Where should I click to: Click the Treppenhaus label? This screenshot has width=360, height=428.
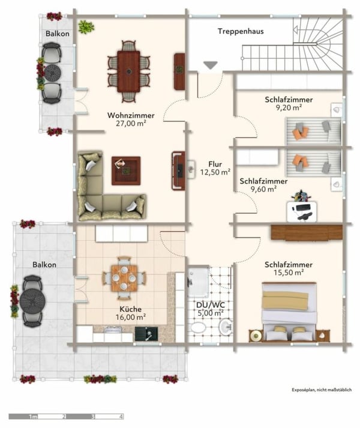point(241,31)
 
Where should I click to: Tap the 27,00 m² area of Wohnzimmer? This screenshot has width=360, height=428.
point(131,123)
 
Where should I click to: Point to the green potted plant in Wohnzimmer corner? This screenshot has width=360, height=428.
point(86,26)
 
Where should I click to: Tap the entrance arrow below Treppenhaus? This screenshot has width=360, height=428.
point(209,65)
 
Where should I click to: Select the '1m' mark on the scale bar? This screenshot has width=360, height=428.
point(35,416)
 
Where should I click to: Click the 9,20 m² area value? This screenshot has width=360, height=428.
point(288,109)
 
